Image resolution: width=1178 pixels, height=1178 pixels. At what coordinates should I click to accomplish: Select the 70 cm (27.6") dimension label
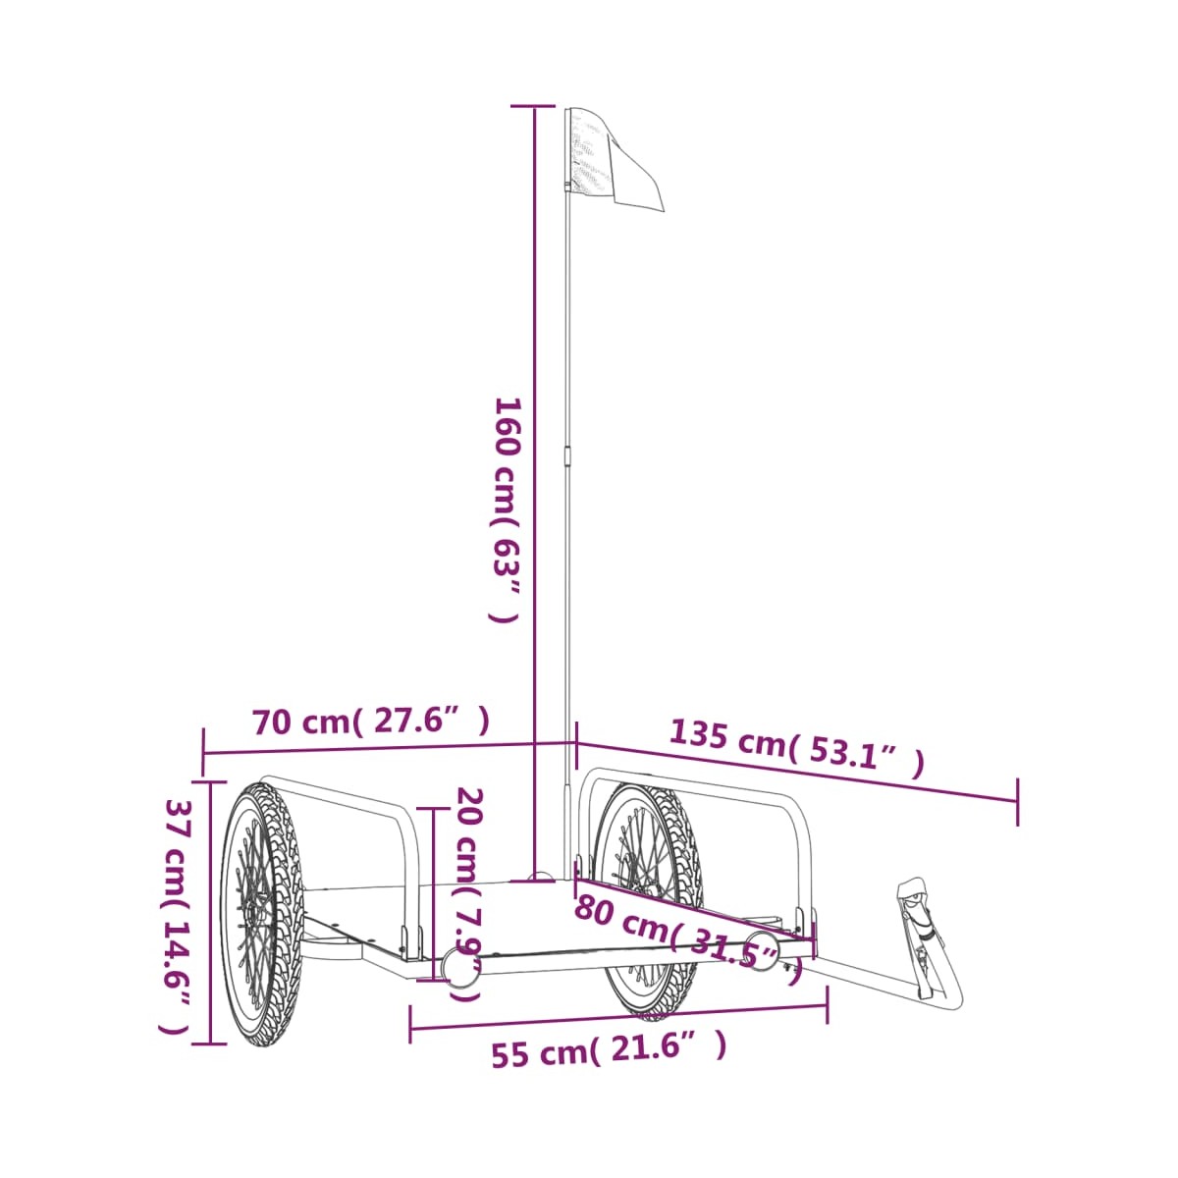[x=371, y=722]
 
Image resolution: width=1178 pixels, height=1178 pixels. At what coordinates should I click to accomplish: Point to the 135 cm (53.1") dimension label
[x=796, y=748]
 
